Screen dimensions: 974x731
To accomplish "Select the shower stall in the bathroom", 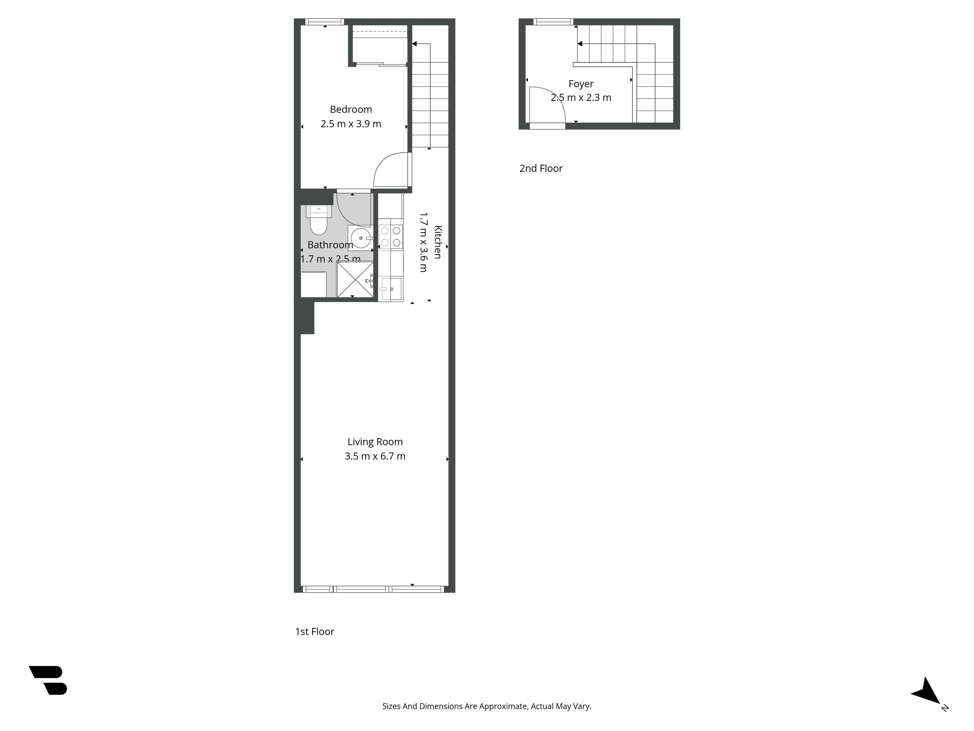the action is point(355,279).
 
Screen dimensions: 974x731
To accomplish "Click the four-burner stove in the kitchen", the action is point(391,237).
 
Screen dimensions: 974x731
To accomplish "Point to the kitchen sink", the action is point(391,289).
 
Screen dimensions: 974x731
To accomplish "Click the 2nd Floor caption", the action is point(541,168).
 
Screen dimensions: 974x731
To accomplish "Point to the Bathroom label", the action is point(330,245).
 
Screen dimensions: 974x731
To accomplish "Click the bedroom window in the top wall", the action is point(325,22).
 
